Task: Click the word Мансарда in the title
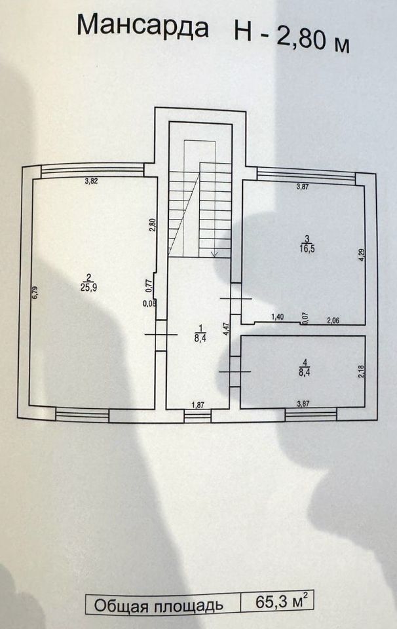(x=143, y=27)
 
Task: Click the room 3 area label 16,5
(x=305, y=244)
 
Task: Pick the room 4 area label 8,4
(x=303, y=373)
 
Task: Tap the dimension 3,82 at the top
(x=91, y=181)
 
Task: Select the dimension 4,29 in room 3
(x=360, y=255)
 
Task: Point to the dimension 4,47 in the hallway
(x=225, y=328)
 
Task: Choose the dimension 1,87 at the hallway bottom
(x=197, y=405)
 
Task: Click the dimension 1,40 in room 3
(x=278, y=318)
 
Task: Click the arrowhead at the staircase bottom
(x=214, y=253)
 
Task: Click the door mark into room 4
(x=235, y=372)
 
